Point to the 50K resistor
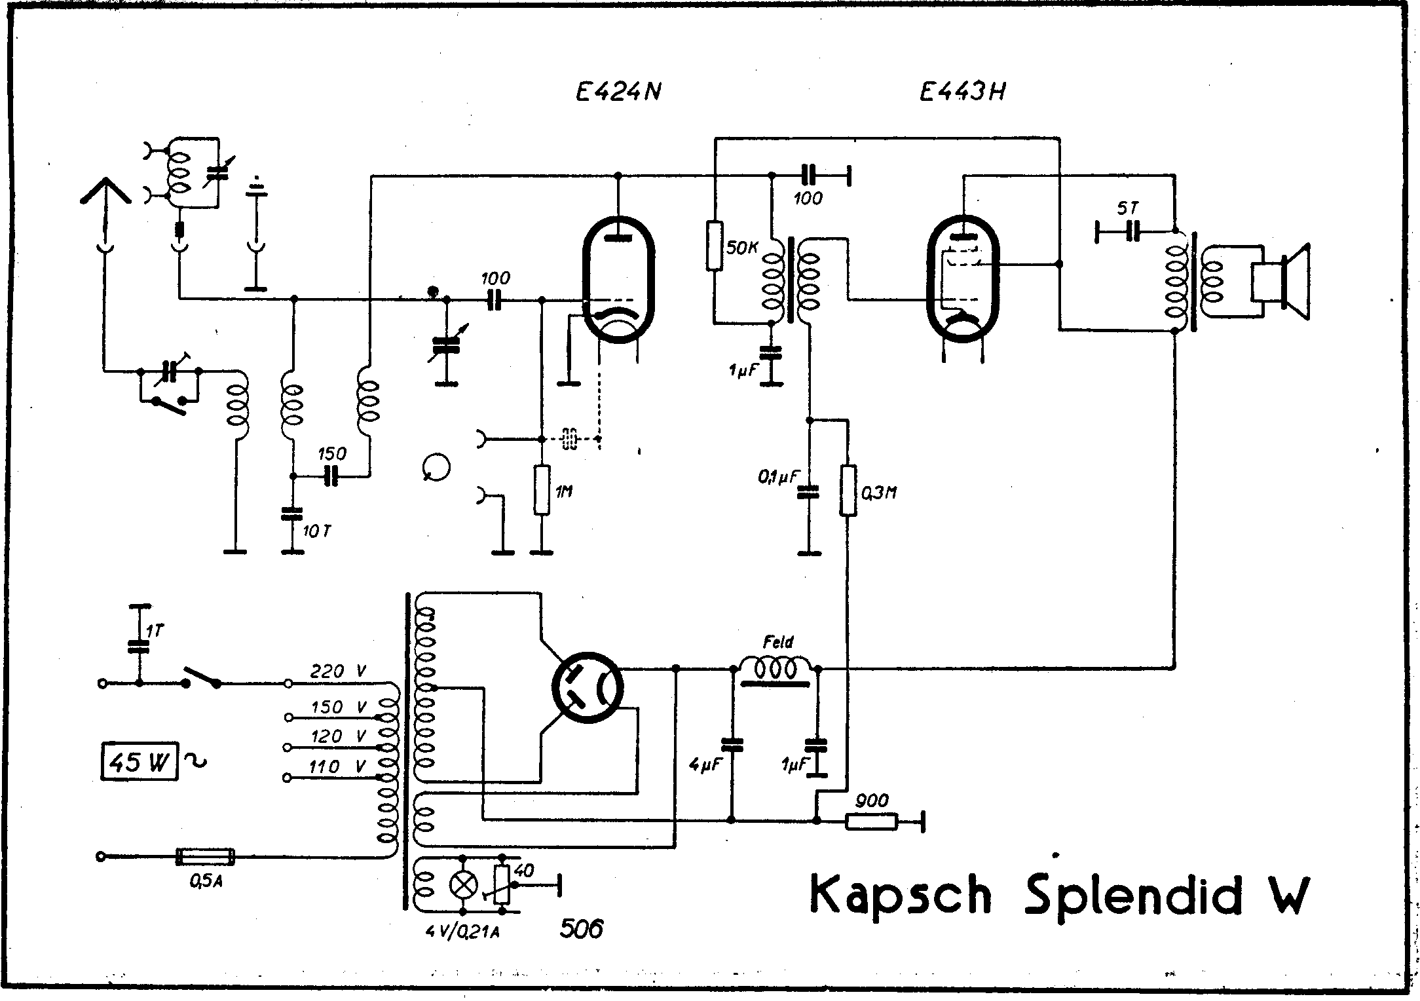point(715,246)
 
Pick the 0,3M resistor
point(848,491)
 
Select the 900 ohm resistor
point(870,822)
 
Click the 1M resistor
point(542,489)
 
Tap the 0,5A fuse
point(205,856)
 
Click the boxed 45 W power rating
point(140,761)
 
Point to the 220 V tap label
point(338,671)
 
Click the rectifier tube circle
point(588,688)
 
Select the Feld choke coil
point(776,668)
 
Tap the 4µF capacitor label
point(704,764)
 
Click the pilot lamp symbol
point(463,886)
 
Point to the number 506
point(582,928)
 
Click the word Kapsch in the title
point(901,895)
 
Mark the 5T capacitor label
point(1127,209)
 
